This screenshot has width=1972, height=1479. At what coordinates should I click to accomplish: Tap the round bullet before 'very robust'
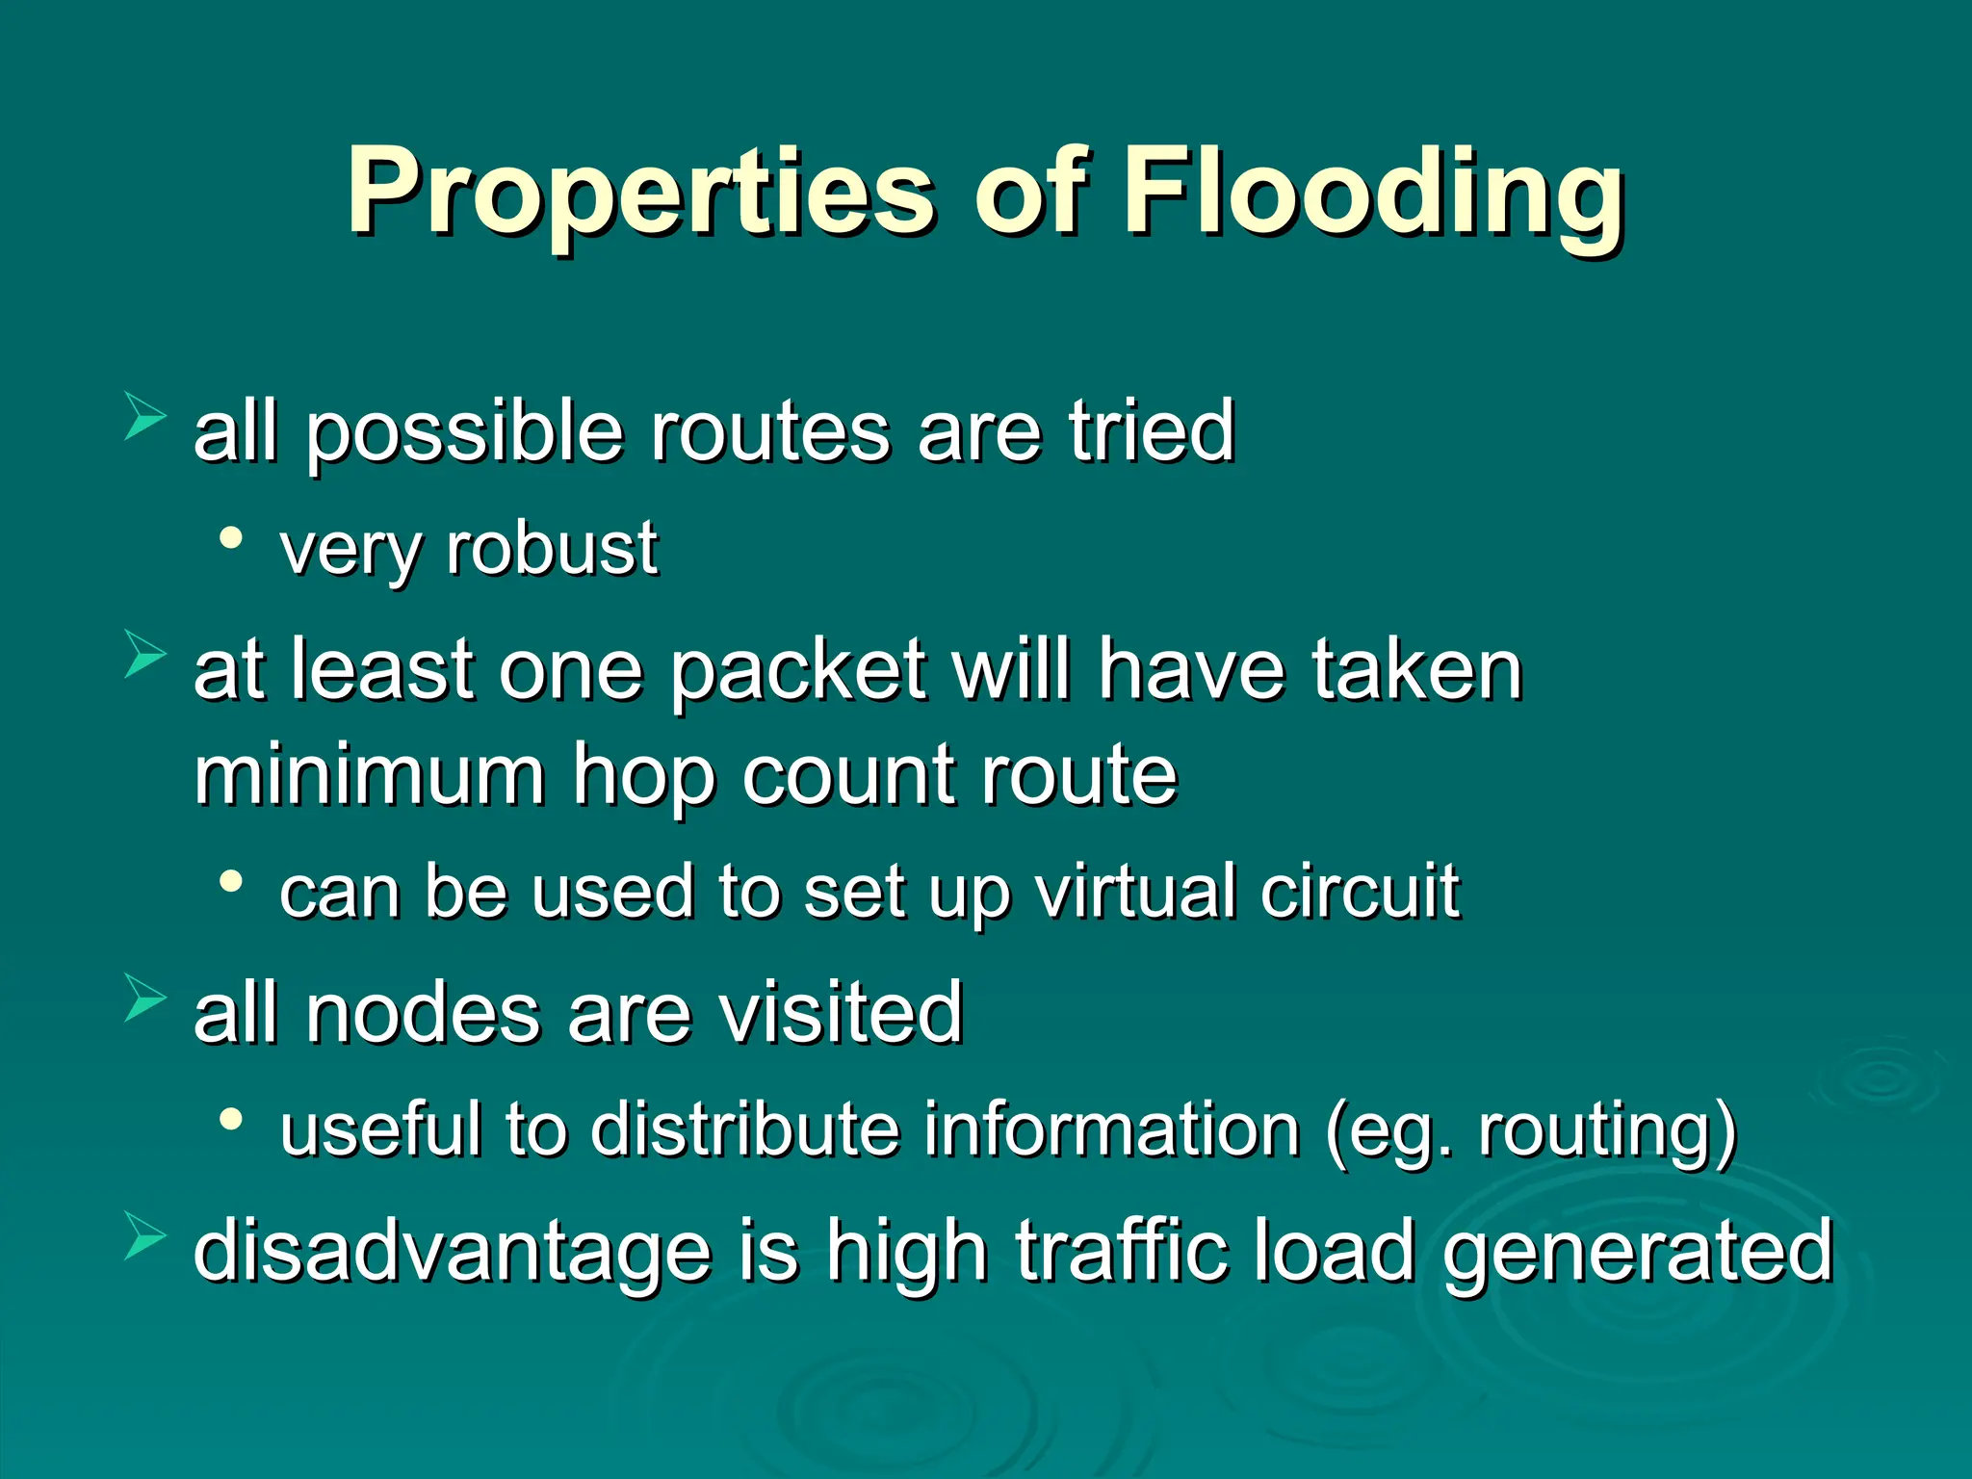(231, 538)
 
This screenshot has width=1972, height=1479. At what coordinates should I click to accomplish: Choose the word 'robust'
(552, 549)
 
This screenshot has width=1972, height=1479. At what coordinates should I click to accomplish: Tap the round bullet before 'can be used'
(231, 881)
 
